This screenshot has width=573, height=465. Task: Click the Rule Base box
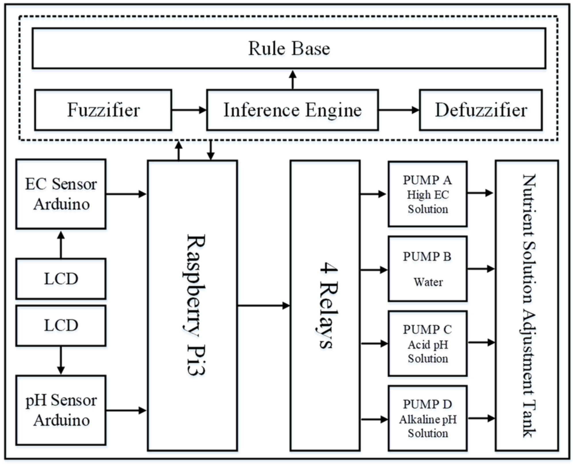[x=289, y=48]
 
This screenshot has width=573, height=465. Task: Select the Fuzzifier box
[x=103, y=110]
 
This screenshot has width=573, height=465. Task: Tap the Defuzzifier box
[x=481, y=110]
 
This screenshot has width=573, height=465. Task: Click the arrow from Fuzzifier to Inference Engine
[x=189, y=110]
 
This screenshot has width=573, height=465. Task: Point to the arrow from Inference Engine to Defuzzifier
[x=399, y=110]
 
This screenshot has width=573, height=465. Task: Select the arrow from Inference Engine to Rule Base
[x=293, y=80]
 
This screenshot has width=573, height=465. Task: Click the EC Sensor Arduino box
[x=61, y=194]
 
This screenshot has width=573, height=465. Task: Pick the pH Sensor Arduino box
[x=61, y=410]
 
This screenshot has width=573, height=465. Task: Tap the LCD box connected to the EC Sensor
[x=61, y=278]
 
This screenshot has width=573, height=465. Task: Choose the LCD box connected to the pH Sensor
[x=61, y=325]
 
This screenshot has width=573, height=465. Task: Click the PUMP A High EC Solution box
[x=427, y=194]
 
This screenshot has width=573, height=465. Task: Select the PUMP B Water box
[x=427, y=269]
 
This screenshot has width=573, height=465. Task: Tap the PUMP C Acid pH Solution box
[x=427, y=343]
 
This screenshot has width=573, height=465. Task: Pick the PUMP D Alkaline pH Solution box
[x=427, y=418]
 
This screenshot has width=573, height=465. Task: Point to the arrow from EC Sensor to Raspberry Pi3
[x=126, y=194]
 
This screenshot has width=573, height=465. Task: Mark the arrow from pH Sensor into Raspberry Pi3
[x=126, y=410]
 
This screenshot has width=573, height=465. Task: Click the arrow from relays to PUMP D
[x=374, y=419]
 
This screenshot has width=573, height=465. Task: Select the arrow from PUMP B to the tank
[x=480, y=269]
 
